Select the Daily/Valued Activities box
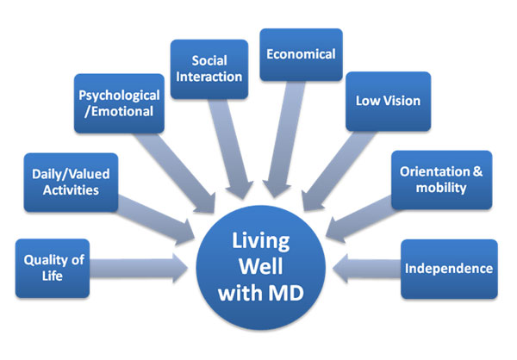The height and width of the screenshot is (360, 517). coord(70,182)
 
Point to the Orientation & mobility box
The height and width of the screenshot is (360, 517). coord(441,178)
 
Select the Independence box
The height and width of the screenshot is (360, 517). coord(448,269)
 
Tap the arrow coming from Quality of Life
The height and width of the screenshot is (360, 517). coord(142,268)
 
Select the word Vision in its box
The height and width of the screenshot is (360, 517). coord(402,101)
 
